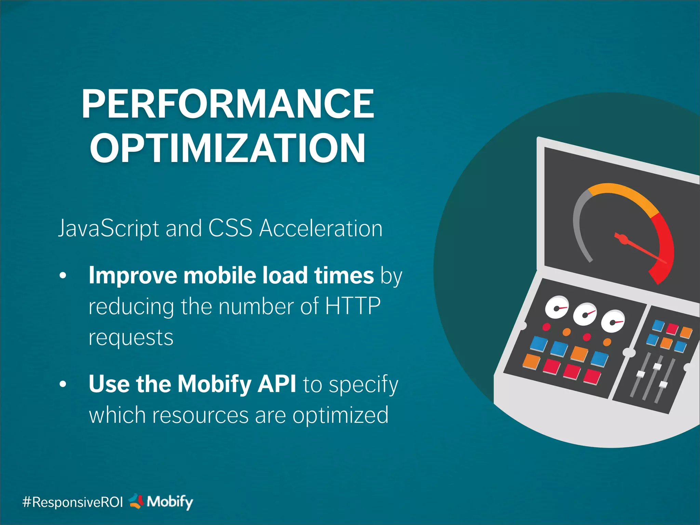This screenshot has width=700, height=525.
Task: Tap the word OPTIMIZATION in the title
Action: (x=228, y=148)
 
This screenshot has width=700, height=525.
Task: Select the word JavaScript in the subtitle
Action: (x=108, y=228)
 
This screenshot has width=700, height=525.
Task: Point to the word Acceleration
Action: (x=321, y=228)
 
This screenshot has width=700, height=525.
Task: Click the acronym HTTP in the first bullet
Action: (x=352, y=306)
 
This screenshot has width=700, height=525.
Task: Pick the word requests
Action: (x=131, y=338)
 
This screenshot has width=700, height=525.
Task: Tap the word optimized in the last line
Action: (x=340, y=415)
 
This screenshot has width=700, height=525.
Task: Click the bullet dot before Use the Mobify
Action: (x=63, y=384)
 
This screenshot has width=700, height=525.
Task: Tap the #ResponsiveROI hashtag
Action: (x=72, y=502)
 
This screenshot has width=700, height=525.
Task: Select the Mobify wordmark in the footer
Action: (x=170, y=502)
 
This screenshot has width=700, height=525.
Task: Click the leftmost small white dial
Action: (x=556, y=307)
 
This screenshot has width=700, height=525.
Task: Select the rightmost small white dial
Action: (x=612, y=322)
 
